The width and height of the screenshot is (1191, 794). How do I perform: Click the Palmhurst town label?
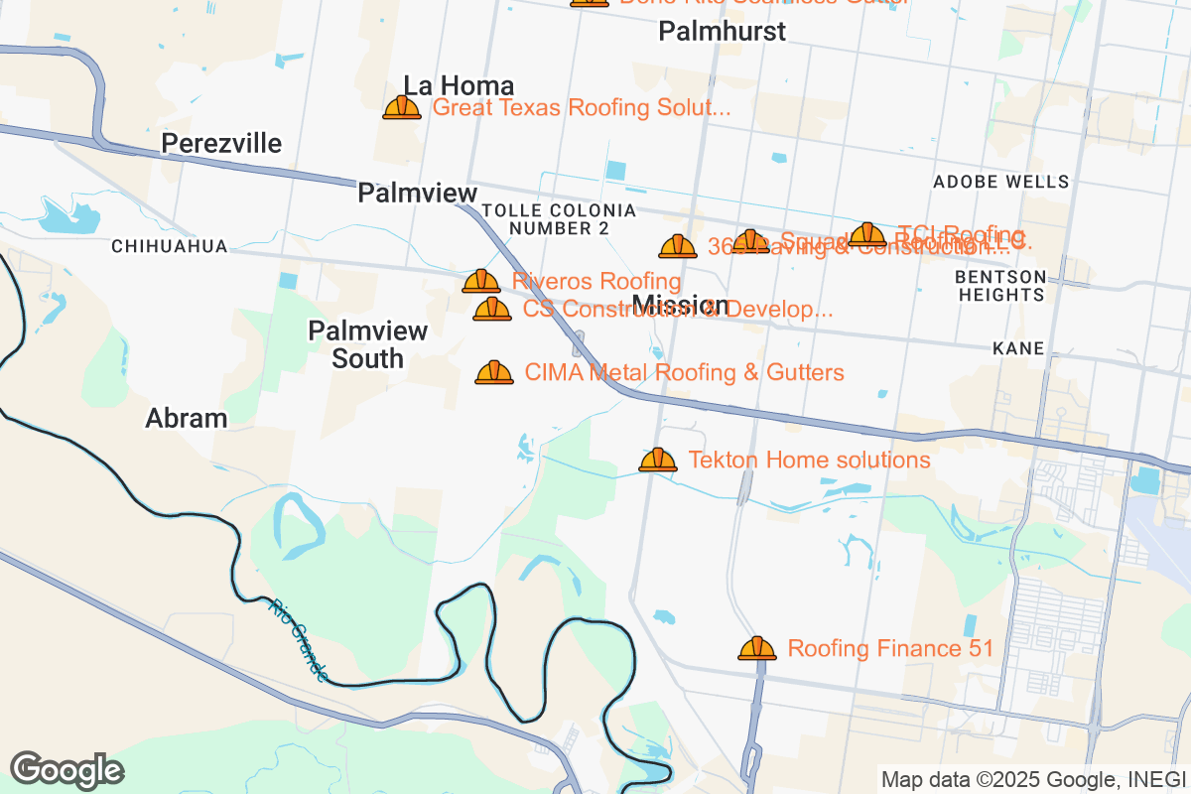click(x=722, y=32)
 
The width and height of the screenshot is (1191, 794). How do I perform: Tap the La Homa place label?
click(x=459, y=85)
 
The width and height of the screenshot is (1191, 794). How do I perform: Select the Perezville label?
click(x=221, y=144)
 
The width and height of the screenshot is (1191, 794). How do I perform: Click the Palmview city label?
click(x=417, y=193)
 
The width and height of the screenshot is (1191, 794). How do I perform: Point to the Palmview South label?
click(x=367, y=344)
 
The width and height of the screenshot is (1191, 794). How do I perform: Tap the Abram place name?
click(x=187, y=418)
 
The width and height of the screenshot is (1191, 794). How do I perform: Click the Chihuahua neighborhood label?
click(x=170, y=246)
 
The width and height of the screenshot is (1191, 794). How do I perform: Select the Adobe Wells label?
click(x=1000, y=182)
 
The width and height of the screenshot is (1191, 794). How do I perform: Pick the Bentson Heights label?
click(x=1000, y=286)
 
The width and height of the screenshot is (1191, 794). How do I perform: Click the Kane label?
click(x=1018, y=348)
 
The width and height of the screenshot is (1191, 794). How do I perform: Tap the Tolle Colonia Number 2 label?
click(x=559, y=219)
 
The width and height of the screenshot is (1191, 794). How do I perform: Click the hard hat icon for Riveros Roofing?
click(x=481, y=281)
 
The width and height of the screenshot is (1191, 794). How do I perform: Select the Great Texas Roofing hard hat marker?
click(x=402, y=107)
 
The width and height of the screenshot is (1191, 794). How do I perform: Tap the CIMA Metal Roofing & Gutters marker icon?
click(x=494, y=372)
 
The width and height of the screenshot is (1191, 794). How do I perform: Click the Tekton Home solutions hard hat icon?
click(x=657, y=460)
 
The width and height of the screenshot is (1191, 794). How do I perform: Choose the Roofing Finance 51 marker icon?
click(x=757, y=648)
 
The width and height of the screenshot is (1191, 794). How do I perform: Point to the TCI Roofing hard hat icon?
click(x=867, y=234)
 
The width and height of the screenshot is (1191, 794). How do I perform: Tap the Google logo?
click(x=66, y=769)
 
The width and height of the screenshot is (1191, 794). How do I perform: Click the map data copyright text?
click(x=1032, y=779)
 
